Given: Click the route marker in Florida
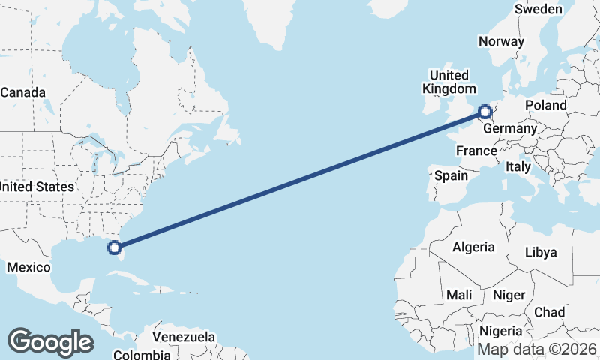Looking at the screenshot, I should click(115, 246).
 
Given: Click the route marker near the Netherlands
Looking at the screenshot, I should click(484, 112).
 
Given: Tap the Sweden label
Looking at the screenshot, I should click(538, 9).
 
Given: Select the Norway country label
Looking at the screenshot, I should click(501, 41).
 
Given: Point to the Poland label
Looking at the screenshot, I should click(546, 105).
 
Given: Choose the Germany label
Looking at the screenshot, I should click(510, 129).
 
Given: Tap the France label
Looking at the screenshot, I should click(477, 151).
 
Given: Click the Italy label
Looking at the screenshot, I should click(518, 166).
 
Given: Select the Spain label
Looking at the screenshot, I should click(451, 176).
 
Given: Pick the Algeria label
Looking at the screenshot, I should click(474, 247).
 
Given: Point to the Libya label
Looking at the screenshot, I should click(541, 252).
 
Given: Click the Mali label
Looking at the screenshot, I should click(459, 295).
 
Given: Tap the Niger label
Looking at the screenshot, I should click(509, 295).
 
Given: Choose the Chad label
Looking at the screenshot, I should click(550, 312).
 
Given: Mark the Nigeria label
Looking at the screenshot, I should click(500, 331).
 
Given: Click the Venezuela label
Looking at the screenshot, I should click(184, 337).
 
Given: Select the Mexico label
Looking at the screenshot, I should click(28, 267).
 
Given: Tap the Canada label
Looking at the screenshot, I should click(22, 93).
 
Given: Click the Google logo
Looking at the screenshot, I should click(50, 342).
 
